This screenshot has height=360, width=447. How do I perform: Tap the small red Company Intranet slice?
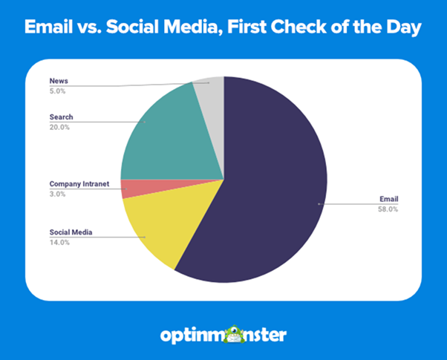(130, 189)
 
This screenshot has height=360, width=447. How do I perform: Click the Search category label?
(62, 117)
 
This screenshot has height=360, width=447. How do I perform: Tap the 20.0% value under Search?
(59, 128)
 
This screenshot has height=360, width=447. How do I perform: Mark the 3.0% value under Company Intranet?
(58, 194)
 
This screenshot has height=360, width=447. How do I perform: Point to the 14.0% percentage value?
(59, 242)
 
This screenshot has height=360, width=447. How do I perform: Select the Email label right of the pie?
(388, 199)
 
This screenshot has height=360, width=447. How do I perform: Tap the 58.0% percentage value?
(388, 209)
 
